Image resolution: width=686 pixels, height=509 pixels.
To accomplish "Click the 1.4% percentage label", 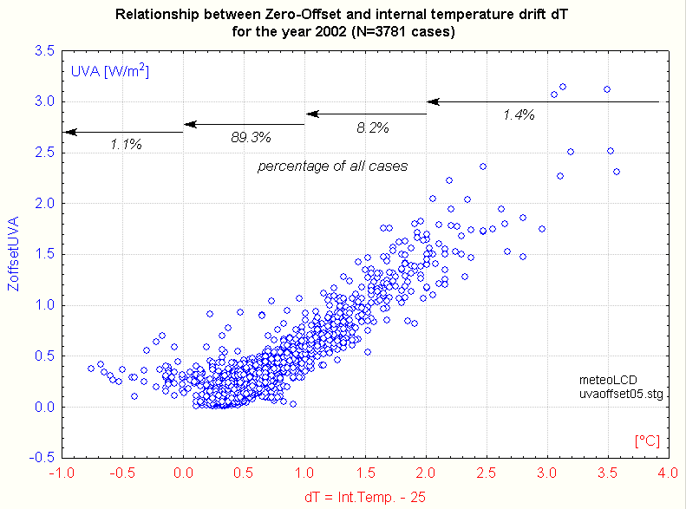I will click(518, 114).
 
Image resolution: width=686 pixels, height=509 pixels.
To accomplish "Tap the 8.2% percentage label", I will click(372, 127).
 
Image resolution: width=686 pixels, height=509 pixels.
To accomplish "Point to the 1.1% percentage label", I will click(126, 145).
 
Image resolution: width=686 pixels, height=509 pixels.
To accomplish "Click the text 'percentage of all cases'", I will click(332, 166).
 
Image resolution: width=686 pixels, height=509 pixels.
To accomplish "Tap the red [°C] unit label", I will click(648, 441).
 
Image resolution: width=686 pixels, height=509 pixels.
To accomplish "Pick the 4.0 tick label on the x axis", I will click(667, 473).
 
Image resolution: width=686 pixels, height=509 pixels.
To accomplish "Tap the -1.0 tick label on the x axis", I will click(60, 473).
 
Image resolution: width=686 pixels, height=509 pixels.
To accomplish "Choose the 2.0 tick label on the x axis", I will click(425, 473).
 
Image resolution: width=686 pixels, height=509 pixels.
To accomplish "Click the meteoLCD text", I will click(608, 380).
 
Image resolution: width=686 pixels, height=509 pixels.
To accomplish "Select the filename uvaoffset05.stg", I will click(621, 394).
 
